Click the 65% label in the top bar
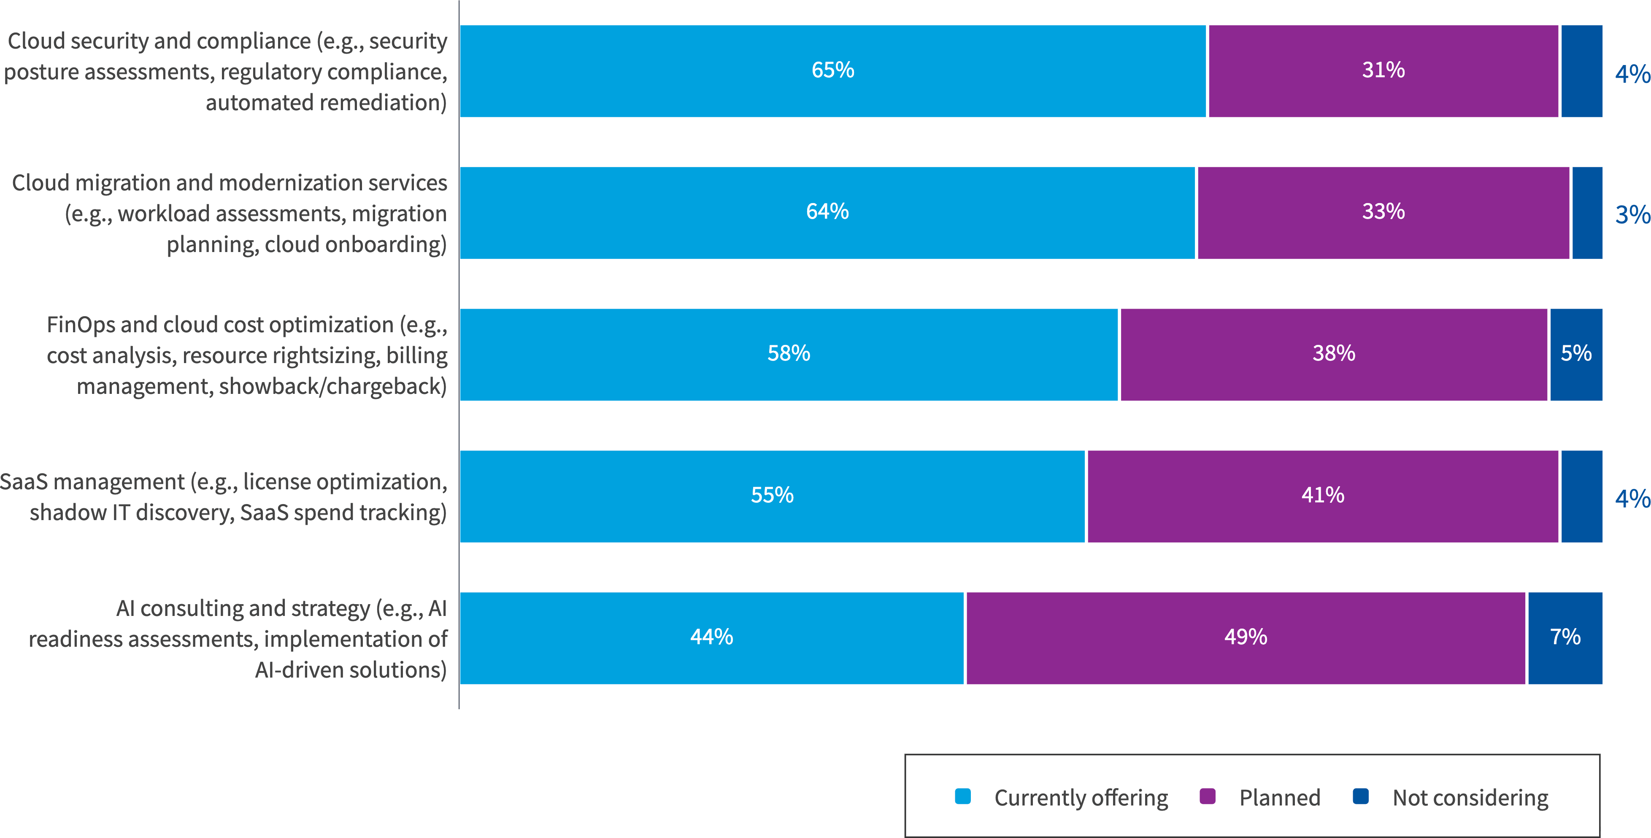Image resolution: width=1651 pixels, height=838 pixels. [x=832, y=70]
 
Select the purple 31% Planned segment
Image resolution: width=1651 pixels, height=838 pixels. [x=1383, y=70]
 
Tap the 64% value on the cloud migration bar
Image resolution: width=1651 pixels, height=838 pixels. [x=827, y=212]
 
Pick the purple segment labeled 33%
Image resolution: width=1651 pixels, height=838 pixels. [x=1383, y=212]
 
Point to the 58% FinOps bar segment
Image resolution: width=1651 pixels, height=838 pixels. [x=788, y=353]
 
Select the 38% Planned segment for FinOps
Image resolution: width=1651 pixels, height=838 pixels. [x=1333, y=353]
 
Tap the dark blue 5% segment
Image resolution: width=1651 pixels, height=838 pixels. [x=1576, y=353]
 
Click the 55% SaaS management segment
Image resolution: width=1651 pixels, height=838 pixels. [x=772, y=495]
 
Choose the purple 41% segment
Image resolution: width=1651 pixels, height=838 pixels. [x=1322, y=495]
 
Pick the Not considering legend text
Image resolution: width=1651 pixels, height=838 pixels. [x=1470, y=797]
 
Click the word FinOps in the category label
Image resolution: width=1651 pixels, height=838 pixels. [x=80, y=325]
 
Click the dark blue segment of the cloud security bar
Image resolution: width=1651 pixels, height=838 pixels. [x=1581, y=71]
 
